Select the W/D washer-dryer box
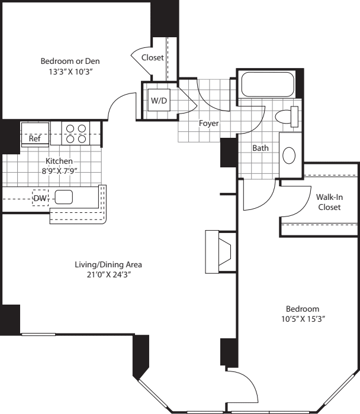(159, 101)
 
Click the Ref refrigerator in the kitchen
(36, 138)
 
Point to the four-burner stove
(76, 134)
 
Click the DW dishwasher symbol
(40, 198)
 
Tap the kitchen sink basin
(63, 198)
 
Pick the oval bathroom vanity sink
(290, 156)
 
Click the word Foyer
(208, 124)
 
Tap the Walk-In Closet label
(329, 202)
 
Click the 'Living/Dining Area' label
(108, 264)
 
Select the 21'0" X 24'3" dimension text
(108, 275)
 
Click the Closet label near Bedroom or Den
(153, 57)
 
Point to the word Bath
(261, 148)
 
